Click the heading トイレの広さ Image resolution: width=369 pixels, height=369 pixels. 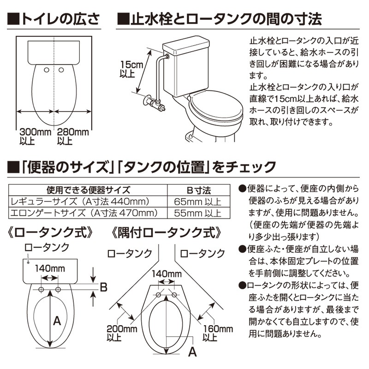tap(54, 19)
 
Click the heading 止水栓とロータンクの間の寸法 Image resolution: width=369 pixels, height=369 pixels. tap(220, 19)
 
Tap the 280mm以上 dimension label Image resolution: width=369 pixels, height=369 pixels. tap(73, 137)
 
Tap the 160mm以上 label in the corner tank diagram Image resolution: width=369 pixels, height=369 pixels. tap(218, 333)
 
